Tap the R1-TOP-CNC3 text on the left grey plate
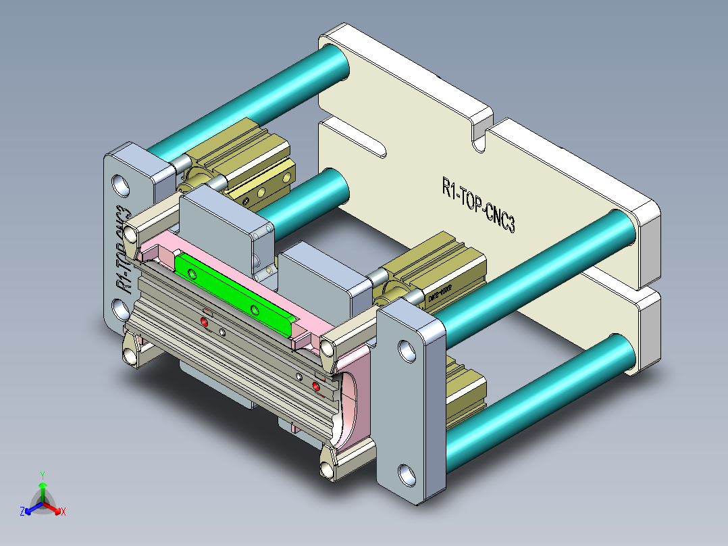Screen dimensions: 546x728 click(x=122, y=247)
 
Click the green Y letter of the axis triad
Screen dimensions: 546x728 click(x=42, y=475)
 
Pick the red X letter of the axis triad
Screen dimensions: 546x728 click(x=63, y=512)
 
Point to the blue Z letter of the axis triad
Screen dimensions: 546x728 click(x=22, y=512)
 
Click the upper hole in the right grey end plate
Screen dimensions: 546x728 click(x=406, y=350)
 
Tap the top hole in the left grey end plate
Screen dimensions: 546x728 click(x=122, y=184)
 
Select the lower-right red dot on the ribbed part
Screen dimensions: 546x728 click(x=316, y=386)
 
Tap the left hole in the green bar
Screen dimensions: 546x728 click(x=193, y=274)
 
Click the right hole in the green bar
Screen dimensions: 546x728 click(x=255, y=310)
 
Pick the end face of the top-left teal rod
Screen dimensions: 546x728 click(x=334, y=61)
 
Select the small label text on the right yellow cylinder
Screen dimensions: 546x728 click(x=440, y=292)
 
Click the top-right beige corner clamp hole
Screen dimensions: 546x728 click(x=328, y=349)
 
